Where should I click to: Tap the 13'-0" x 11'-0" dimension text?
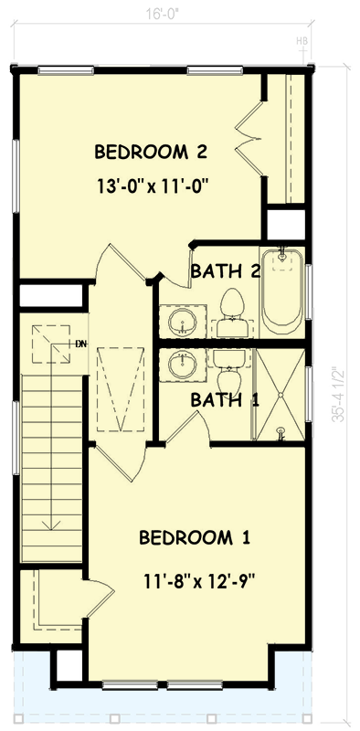[x=153, y=185]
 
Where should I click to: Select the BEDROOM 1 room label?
[x=195, y=537]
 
